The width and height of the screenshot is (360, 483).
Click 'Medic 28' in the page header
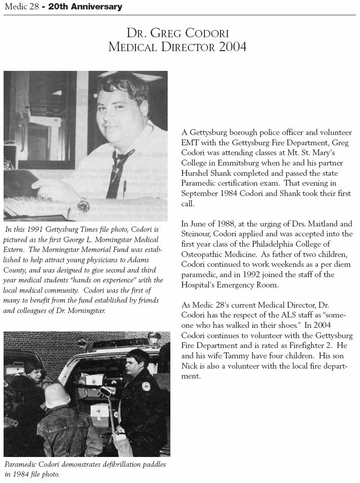21,7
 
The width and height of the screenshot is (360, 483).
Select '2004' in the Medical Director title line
233,47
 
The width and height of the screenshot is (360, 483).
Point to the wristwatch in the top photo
83,206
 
